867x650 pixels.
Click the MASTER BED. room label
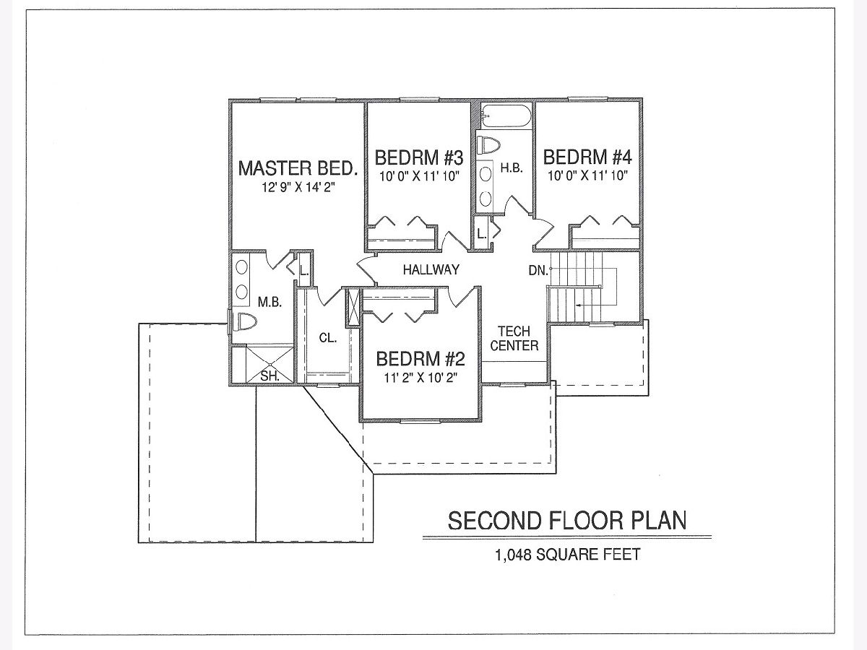(298, 168)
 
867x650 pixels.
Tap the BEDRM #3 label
(418, 157)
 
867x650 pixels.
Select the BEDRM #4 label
(587, 157)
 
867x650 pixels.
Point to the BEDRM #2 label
(420, 359)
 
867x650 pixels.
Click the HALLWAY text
(431, 270)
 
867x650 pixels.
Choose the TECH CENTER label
(514, 338)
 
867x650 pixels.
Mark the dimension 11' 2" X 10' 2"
(420, 377)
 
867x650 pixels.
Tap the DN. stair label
(538, 270)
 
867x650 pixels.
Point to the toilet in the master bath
(244, 322)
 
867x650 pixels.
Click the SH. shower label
(269, 376)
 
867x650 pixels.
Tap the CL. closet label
(328, 337)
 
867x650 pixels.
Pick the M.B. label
(269, 303)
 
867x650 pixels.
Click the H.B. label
(512, 168)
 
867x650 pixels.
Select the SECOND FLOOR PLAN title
(567, 520)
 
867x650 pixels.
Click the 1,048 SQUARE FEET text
(567, 555)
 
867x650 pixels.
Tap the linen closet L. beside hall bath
(481, 233)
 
